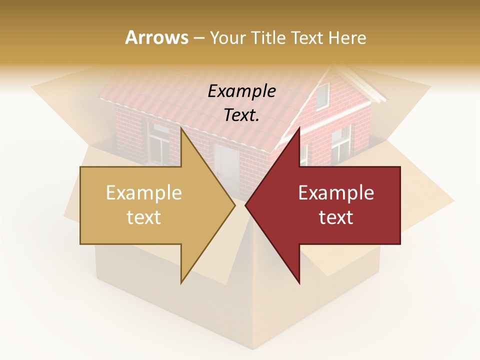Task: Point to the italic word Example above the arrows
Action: (241, 91)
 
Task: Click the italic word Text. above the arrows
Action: (241, 115)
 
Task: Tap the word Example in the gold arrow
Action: (144, 193)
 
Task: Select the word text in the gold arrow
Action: (144, 217)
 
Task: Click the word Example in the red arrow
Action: (336, 193)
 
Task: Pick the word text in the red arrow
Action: (336, 217)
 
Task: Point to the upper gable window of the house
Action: (322, 95)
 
